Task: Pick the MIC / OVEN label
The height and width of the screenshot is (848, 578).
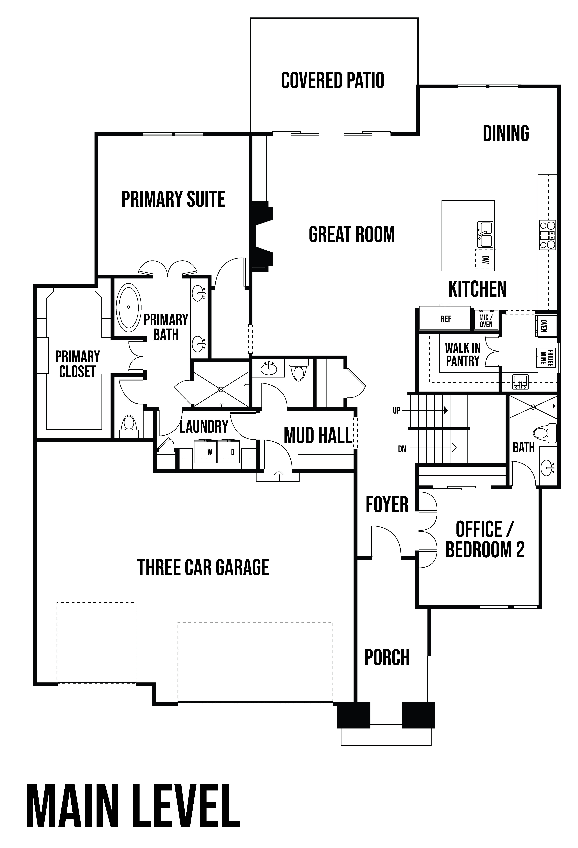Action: [486, 321]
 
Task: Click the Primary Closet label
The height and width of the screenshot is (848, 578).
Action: [77, 364]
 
